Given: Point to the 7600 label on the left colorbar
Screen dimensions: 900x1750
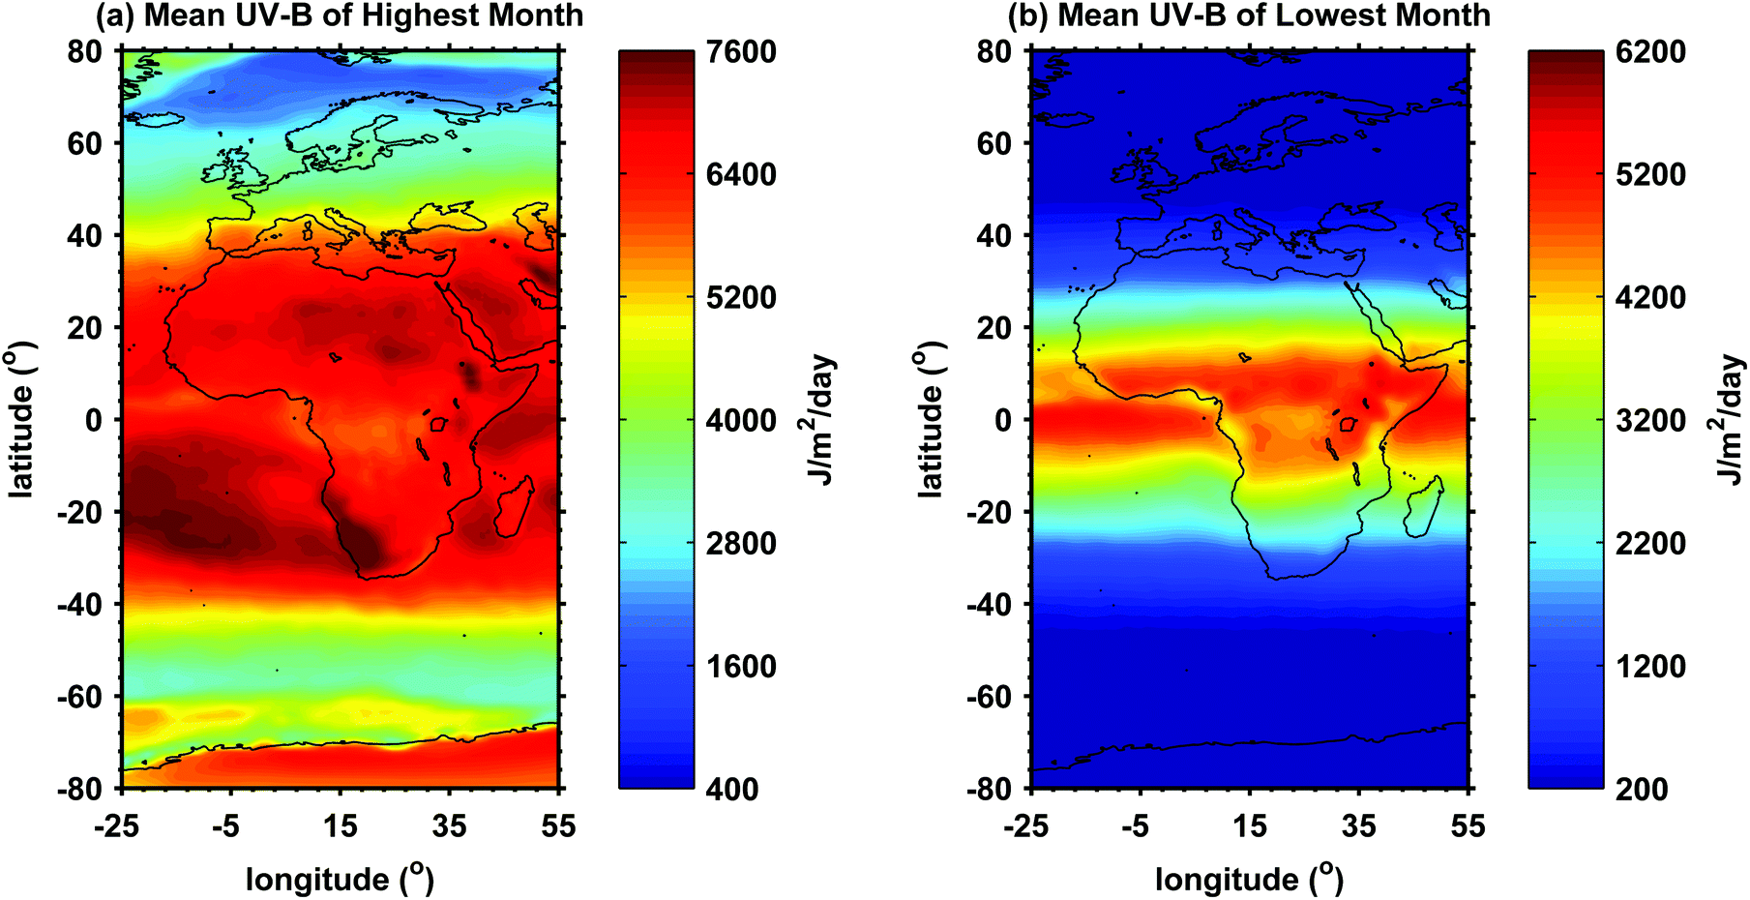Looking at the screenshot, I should [741, 52].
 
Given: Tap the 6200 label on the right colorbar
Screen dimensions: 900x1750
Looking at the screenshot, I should [1650, 52].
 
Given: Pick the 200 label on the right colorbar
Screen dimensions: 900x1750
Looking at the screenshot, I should [1642, 789].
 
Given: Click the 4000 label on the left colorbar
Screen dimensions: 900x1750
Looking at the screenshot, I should [741, 421].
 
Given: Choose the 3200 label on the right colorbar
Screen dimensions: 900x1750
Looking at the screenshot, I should [1650, 421].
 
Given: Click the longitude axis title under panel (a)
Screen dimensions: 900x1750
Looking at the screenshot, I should [340, 879].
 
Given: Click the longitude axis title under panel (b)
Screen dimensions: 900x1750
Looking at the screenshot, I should [1249, 879].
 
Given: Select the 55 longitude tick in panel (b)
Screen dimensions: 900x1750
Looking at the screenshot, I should [1468, 825].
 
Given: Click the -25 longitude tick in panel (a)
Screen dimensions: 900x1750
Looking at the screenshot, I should [116, 825].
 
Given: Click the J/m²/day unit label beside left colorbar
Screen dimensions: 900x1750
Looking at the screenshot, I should [820, 420].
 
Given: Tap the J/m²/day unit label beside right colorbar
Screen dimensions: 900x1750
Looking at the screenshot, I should [1730, 420].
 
